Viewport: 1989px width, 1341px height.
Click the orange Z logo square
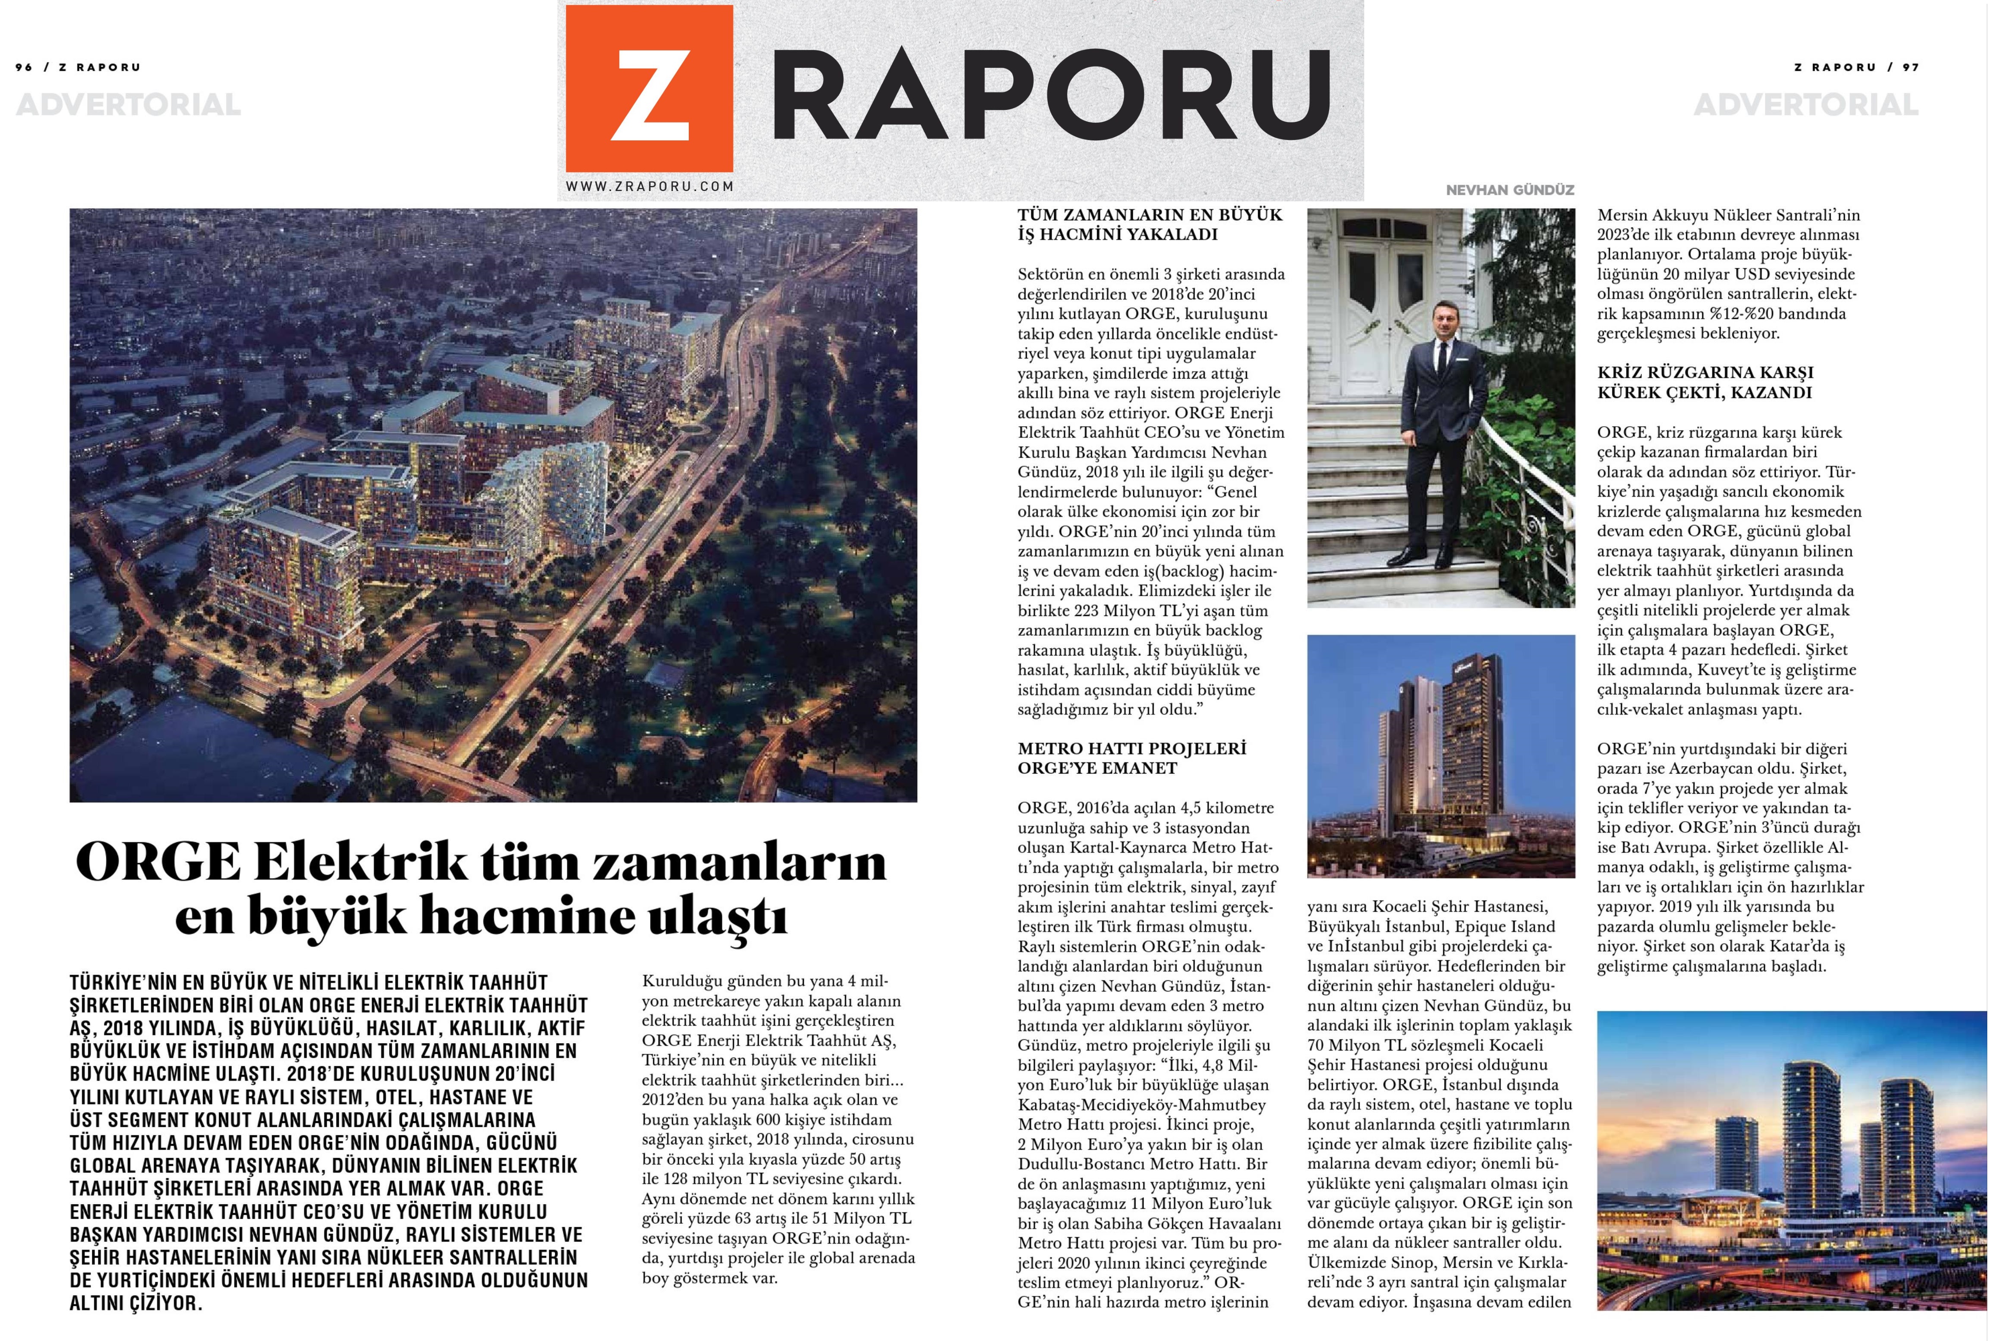[648, 88]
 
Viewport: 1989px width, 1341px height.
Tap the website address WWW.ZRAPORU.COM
[649, 185]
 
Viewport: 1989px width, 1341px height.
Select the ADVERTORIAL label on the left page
[128, 105]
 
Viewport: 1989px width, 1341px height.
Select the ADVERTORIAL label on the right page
[1805, 105]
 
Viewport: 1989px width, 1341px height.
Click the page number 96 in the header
[24, 67]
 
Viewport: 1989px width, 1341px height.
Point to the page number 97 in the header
[1910, 67]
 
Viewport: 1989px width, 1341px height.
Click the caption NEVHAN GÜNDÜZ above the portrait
[1509, 190]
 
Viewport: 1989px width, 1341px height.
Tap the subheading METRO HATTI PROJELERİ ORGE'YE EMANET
[1131, 758]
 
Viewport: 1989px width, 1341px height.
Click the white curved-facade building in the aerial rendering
[547, 504]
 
